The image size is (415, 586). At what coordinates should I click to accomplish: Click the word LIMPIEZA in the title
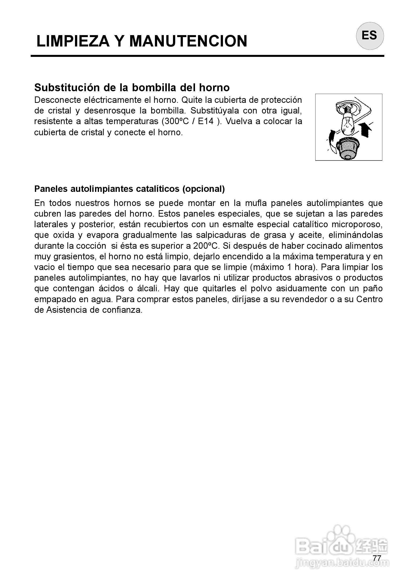(x=73, y=41)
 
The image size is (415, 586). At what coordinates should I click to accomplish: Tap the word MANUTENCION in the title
(x=188, y=41)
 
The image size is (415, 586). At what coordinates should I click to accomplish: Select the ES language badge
(x=369, y=36)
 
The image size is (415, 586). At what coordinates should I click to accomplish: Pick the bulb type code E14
(x=206, y=121)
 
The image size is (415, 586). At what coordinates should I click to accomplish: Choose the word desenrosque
(x=110, y=111)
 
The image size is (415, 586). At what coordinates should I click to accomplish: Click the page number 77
(x=377, y=558)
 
